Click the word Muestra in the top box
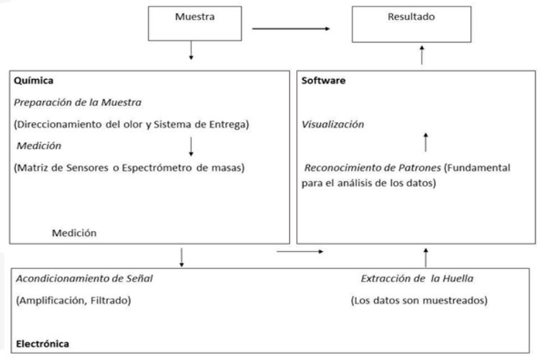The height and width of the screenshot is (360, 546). tap(195, 17)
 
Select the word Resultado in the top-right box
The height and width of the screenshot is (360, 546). tap(411, 17)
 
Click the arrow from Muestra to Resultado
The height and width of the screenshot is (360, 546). tap(291, 29)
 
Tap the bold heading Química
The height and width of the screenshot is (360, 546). tap(33, 81)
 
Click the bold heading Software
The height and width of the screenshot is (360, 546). tap(324, 81)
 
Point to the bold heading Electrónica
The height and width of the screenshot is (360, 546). tap(42, 343)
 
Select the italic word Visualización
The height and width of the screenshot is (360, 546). tap(332, 125)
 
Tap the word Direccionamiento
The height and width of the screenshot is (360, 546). tap(58, 125)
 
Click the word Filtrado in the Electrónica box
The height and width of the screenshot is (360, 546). tap(111, 300)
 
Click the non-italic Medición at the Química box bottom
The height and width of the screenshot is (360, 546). tap(74, 233)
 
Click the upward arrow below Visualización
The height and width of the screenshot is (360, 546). tap(426, 142)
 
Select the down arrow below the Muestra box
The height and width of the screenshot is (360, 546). tap(191, 50)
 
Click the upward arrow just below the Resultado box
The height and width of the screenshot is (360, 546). tap(422, 55)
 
